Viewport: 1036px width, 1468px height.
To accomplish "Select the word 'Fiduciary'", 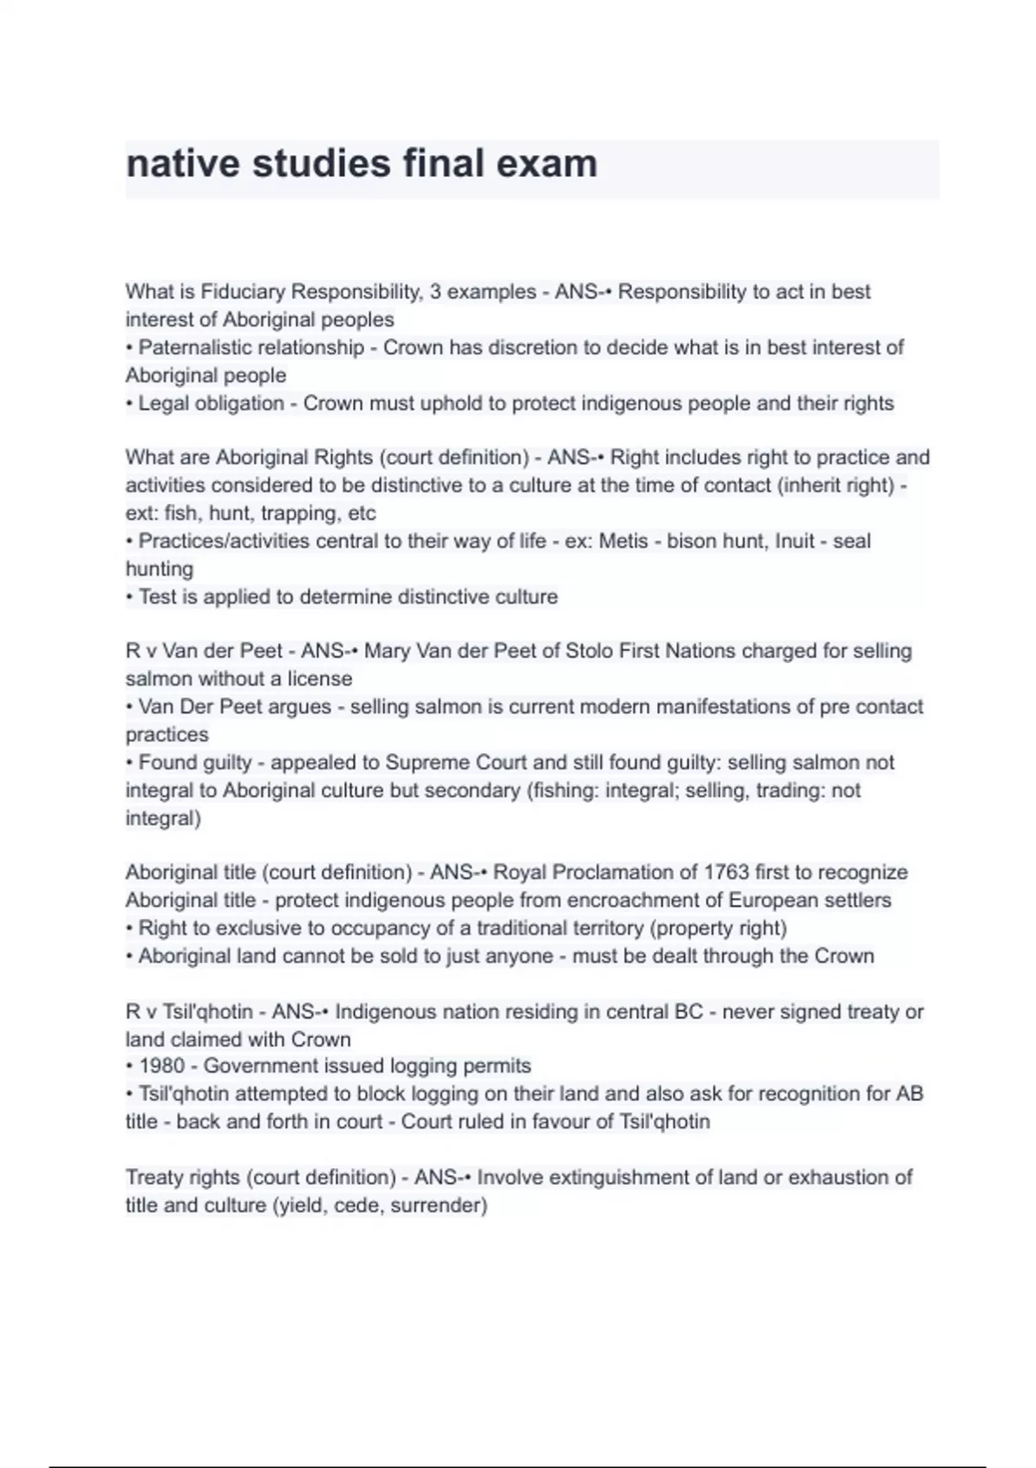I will click(x=246, y=292).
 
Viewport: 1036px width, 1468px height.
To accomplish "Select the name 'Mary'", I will click(x=388, y=651).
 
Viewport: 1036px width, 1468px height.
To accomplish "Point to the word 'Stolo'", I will click(x=592, y=651).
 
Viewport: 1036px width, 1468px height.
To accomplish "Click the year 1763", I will click(x=726, y=872).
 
